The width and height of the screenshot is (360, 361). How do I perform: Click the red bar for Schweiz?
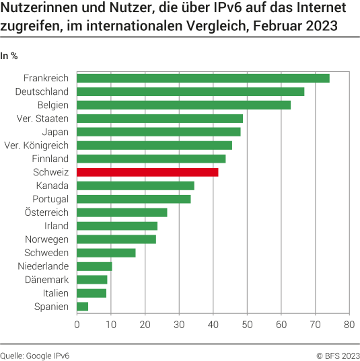tap(147, 172)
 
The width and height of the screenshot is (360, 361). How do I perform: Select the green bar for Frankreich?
tap(203, 78)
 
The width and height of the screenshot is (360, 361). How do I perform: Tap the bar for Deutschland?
tap(190, 91)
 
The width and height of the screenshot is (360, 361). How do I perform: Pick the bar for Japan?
tap(159, 132)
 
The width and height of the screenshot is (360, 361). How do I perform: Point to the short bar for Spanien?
tap(83, 307)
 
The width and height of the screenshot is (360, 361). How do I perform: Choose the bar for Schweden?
tap(106, 253)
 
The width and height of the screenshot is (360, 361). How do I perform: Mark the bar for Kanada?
tap(135, 186)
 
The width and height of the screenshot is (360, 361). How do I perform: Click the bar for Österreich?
tap(122, 212)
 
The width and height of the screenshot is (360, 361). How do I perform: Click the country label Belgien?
tap(52, 105)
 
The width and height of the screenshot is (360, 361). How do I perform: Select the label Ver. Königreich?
tap(36, 145)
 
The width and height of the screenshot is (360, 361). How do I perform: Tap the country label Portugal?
tap(50, 199)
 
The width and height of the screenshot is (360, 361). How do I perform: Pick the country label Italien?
tap(54, 293)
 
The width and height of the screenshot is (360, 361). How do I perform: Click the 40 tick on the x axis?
tap(213, 325)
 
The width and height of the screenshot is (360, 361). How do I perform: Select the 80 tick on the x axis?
tap(349, 325)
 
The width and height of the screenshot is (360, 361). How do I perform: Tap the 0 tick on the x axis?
tap(77, 325)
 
